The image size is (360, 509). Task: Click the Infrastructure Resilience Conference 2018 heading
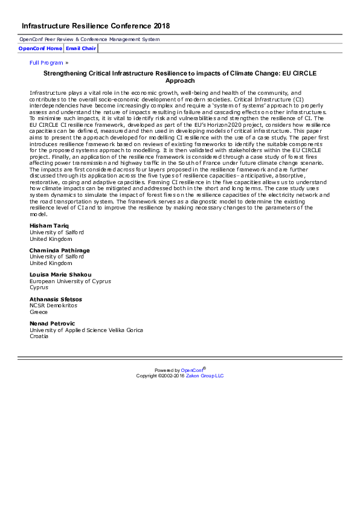coord(95,26)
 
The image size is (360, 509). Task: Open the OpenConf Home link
coord(40,48)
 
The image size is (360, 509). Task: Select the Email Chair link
coord(80,48)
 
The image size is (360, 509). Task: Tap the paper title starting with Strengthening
coord(179,73)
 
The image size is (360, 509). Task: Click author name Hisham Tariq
coord(50,226)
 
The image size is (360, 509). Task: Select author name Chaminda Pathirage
coord(59,250)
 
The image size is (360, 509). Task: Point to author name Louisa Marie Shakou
coord(61,275)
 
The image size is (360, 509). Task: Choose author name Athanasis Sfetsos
coord(56,299)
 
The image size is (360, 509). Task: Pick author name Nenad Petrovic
coord(53,324)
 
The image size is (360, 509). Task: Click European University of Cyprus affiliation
coord(70,281)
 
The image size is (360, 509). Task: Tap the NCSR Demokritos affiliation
coord(53,306)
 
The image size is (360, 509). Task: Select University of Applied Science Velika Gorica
coord(86,330)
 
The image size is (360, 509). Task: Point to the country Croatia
coord(39,336)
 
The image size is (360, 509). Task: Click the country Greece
coord(39,312)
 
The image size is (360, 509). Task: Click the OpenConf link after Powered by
coord(191,370)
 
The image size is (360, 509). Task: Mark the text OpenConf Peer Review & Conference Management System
coord(89,39)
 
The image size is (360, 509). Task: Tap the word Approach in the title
coord(179,80)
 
